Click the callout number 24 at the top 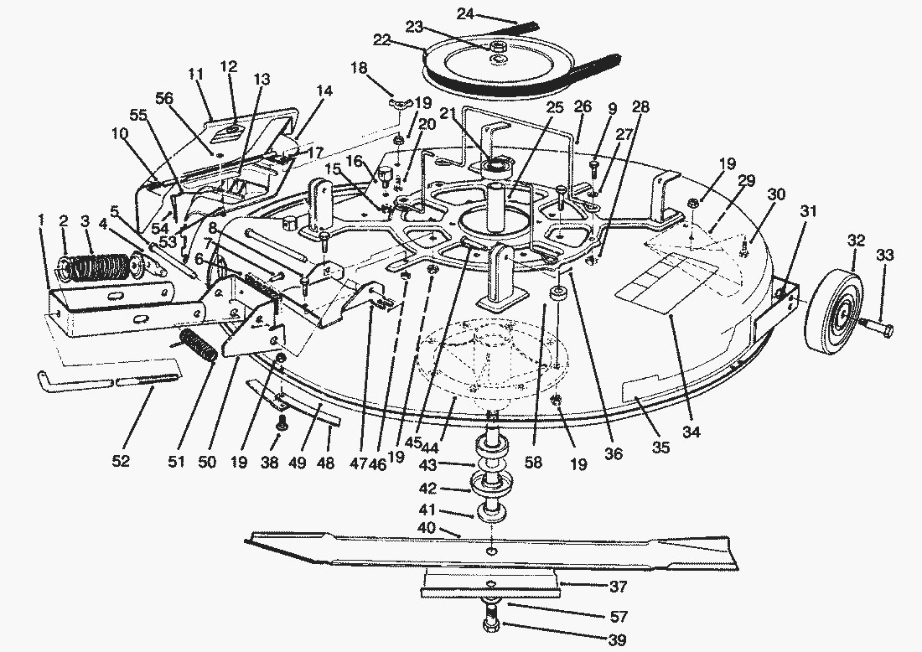point(465,13)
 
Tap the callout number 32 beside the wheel point(856,241)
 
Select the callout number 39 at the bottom point(617,639)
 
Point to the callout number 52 point(121,462)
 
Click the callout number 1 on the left point(41,220)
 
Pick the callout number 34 point(691,432)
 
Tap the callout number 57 point(619,616)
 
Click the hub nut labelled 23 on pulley point(498,47)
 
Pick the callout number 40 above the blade point(427,527)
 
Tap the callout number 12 point(229,66)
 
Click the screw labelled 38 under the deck point(281,422)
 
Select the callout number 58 point(533,462)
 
